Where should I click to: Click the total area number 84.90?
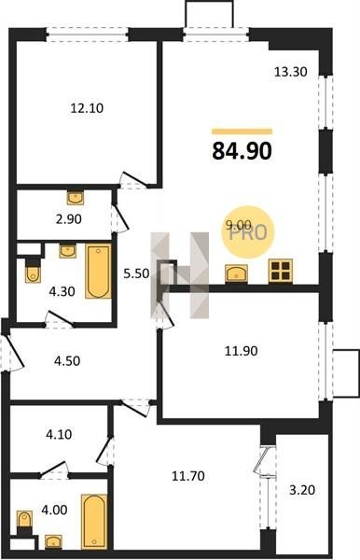click(242, 150)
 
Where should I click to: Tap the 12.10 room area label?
click(87, 108)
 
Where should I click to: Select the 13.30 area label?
click(290, 72)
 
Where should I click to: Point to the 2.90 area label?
click(68, 219)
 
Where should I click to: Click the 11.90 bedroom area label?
click(241, 351)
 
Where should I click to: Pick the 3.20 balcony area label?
click(302, 490)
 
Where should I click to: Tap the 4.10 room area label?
click(59, 434)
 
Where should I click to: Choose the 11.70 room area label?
click(188, 476)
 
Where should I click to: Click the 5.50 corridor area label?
click(136, 273)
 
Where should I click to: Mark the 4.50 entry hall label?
click(67, 361)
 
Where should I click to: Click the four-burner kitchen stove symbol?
click(281, 271)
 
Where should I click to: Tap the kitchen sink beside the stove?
click(236, 273)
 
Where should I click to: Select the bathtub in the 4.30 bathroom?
click(98, 271)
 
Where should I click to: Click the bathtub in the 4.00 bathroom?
click(94, 522)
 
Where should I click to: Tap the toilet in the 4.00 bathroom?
click(24, 520)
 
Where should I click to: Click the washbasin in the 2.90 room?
click(76, 198)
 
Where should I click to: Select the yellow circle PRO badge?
click(247, 232)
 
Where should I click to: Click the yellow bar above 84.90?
click(242, 132)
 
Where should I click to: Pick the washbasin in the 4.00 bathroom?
click(53, 541)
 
